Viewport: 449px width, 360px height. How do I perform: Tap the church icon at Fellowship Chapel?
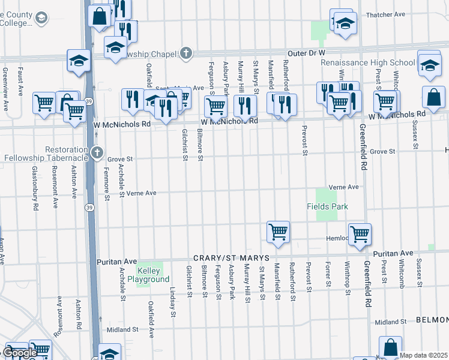click(x=186, y=53)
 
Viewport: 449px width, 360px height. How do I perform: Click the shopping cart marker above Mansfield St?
click(x=278, y=231)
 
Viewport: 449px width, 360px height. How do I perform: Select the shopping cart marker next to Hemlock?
click(x=360, y=233)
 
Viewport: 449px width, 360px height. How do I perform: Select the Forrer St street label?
click(x=328, y=273)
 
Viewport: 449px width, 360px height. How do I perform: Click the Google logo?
click(x=20, y=353)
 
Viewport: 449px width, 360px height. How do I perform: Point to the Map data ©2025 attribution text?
click(x=423, y=355)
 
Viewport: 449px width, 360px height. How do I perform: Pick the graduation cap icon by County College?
click(x=41, y=19)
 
